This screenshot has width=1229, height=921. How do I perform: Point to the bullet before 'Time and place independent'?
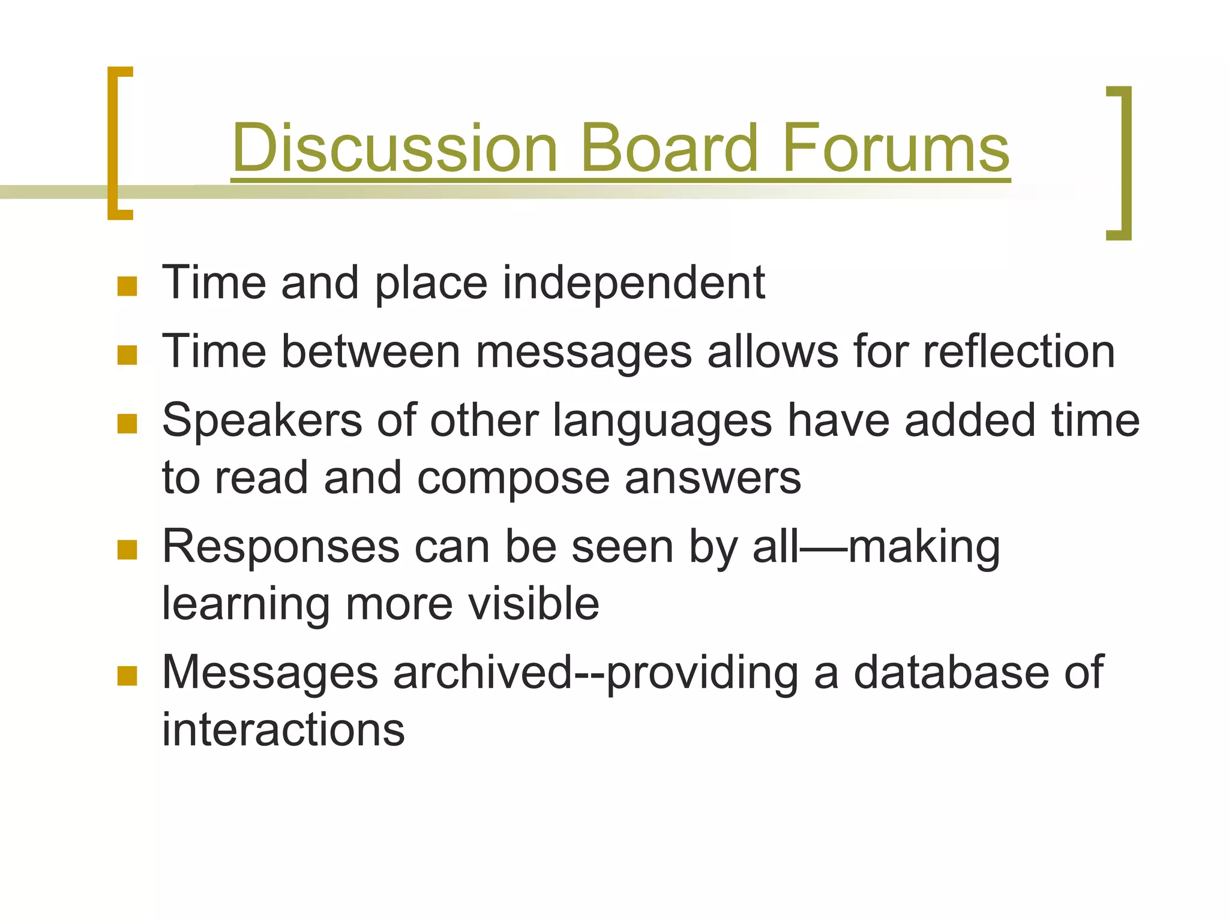coord(127,286)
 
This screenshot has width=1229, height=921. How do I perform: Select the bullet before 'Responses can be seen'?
coord(127,549)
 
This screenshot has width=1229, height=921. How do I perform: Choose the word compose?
coord(512,479)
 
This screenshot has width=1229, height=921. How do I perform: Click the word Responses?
coord(280,547)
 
